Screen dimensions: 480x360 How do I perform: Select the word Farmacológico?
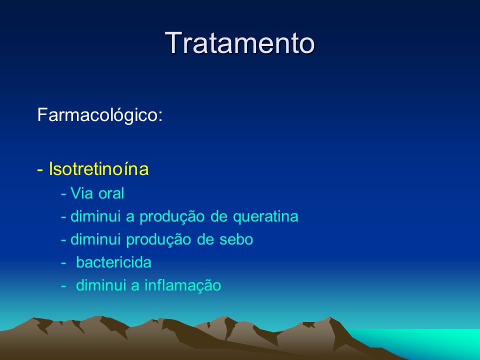tap(97, 115)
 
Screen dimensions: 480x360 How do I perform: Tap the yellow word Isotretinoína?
tap(98, 168)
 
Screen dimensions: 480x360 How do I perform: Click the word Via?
tap(81, 193)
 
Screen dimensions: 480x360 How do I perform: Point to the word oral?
tap(111, 193)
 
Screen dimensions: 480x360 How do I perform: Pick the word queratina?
tap(265, 217)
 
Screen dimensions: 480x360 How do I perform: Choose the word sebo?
tap(236, 239)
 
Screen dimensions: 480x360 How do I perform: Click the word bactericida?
tap(113, 262)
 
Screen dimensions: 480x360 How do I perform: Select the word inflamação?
tap(183, 285)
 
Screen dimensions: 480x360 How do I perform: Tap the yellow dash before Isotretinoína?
tap(40, 170)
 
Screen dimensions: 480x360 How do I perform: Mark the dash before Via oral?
tap(63, 194)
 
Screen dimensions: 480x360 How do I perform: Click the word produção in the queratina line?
tap(172, 217)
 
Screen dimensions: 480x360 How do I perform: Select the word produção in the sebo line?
tap(158, 240)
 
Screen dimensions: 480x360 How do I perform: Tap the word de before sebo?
tap(205, 239)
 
